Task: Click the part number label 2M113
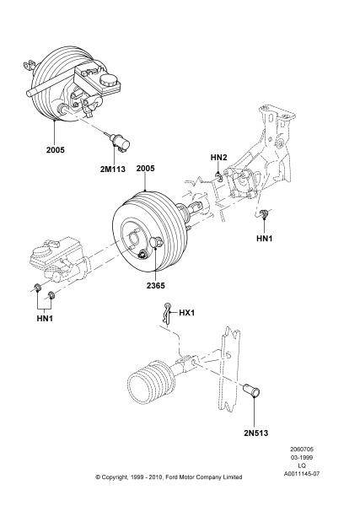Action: click(113, 170)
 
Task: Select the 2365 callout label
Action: click(155, 285)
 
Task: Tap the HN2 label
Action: click(218, 157)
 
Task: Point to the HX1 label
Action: click(187, 313)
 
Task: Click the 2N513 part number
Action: click(255, 433)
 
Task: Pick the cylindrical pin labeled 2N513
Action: click(251, 390)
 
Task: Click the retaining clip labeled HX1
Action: click(166, 314)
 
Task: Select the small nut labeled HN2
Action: click(218, 176)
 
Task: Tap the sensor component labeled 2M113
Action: click(120, 142)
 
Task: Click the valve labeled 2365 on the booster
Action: click(157, 243)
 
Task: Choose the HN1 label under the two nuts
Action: click(45, 318)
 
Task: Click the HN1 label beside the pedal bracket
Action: click(264, 238)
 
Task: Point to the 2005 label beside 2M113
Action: click(55, 150)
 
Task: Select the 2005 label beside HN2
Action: click(145, 168)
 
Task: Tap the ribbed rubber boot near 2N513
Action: click(152, 380)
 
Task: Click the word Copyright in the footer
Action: click(115, 477)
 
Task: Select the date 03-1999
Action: click(301, 457)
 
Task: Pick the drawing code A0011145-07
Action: click(302, 474)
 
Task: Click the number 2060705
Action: click(302, 449)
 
